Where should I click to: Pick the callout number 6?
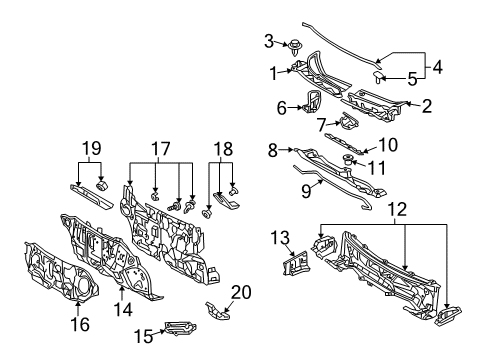pos(281,106)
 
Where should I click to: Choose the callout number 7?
pos(321,126)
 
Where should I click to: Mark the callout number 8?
pos(272,150)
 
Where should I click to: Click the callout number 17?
pos(160,150)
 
